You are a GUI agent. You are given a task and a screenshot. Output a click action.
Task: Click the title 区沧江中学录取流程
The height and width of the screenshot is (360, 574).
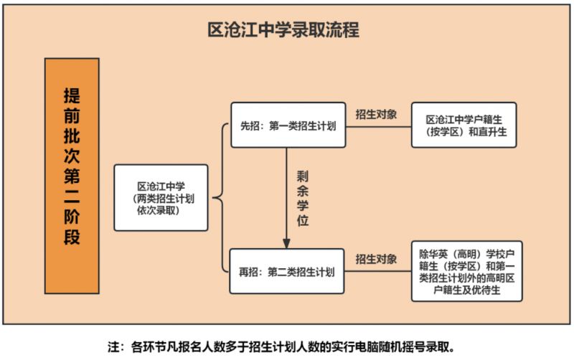click(x=283, y=29)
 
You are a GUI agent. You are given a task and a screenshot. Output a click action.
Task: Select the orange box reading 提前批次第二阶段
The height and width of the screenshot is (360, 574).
click(x=72, y=176)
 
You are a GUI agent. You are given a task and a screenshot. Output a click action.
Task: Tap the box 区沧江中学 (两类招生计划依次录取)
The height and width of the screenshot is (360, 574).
click(x=161, y=197)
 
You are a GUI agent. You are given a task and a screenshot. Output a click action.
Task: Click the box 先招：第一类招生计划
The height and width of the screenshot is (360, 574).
click(x=288, y=125)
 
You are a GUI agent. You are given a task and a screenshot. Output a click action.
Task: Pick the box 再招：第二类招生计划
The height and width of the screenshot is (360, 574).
click(x=286, y=271)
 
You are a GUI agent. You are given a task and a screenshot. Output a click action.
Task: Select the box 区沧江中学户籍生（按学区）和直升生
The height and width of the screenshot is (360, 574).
click(x=464, y=125)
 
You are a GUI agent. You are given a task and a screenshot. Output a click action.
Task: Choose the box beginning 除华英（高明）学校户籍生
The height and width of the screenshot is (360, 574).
click(x=467, y=271)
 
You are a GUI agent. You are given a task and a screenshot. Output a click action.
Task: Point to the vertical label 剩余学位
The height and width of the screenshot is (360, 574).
click(x=302, y=199)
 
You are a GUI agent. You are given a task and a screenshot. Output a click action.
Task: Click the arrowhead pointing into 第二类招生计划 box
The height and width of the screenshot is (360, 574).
click(x=286, y=244)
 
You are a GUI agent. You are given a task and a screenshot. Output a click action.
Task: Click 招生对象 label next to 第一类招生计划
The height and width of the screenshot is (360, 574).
click(x=376, y=115)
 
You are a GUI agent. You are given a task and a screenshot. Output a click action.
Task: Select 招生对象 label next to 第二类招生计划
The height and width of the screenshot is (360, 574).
click(x=376, y=259)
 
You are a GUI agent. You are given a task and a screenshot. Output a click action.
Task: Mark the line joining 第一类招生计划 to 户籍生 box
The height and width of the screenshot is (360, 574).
click(x=379, y=127)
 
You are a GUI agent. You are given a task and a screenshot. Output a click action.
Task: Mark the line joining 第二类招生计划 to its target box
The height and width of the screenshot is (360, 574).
click(x=378, y=271)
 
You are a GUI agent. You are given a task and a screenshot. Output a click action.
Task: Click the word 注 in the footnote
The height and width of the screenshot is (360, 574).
click(x=113, y=346)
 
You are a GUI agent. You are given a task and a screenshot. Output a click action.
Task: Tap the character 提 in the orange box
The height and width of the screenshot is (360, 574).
click(x=72, y=96)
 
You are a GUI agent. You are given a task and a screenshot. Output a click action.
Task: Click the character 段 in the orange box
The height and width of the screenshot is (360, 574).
click(x=72, y=237)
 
